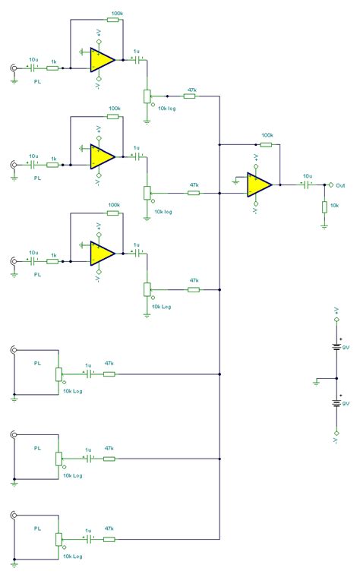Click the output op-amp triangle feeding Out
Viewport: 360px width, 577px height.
(259, 184)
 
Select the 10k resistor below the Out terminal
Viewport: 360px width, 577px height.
(325, 207)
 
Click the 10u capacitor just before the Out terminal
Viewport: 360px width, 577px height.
(307, 184)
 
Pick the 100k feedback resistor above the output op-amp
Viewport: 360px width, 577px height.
(266, 143)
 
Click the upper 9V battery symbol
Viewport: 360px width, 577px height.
(336, 348)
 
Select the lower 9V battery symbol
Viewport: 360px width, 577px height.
(336, 403)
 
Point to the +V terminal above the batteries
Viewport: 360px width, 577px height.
(336, 318)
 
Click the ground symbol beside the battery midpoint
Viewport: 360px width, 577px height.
(317, 383)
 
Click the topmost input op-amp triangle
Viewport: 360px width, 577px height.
(102, 59)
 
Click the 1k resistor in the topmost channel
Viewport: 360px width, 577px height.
(53, 68)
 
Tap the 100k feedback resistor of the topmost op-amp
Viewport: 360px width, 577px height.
(113, 20)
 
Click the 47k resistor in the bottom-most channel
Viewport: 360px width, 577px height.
(109, 539)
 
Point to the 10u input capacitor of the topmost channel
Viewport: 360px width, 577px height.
(33, 68)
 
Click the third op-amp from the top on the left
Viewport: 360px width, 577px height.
(102, 253)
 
